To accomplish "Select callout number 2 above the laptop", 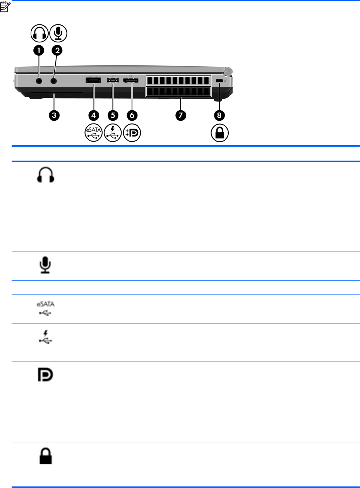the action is tap(57, 50).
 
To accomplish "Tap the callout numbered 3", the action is tap(55, 115).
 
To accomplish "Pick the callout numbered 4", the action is tap(93, 115).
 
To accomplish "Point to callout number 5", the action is tap(113, 115).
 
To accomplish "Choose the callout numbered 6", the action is tap(132, 115).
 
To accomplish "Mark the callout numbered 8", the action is tap(219, 115).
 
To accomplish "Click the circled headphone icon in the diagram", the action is tap(39, 33).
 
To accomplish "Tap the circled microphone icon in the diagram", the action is tap(58, 33).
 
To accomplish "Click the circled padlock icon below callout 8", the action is tap(219, 134).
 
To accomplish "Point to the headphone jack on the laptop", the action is tap(39, 81).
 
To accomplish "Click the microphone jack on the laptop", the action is tap(53, 81).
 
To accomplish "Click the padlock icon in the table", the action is tap(46, 457).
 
